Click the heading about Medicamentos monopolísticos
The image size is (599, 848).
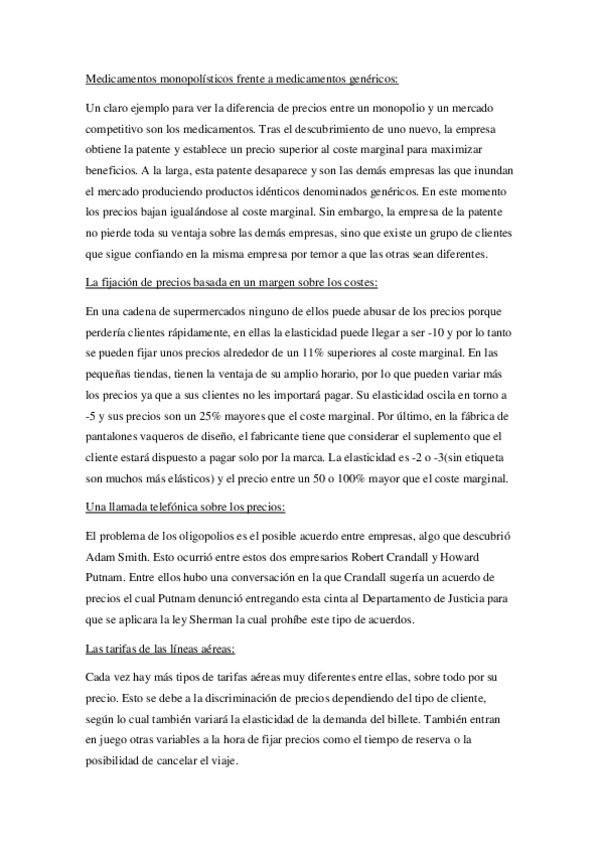point(241,78)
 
